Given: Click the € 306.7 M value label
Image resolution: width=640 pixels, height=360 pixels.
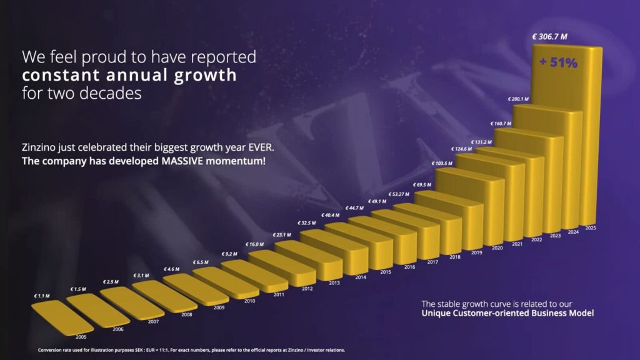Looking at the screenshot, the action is pos(549,37).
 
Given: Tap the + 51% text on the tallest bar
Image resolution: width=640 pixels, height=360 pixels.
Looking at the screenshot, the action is pos(558,62).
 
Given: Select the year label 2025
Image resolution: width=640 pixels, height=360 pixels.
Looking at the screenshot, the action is pos(591,228).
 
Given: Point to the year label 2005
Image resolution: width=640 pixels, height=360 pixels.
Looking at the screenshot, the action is pos(81,337).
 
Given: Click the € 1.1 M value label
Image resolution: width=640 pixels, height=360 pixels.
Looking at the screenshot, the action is pos(42,296).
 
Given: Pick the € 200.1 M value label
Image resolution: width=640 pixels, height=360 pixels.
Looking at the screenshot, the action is pos(518,99).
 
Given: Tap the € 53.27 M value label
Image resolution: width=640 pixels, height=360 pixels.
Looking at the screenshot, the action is pos(398,194).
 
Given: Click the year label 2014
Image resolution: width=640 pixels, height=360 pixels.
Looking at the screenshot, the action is pos(361,277).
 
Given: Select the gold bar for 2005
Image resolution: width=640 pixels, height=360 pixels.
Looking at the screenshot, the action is pos(62,317).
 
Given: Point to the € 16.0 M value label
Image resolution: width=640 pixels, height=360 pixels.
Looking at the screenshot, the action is pos(254,244).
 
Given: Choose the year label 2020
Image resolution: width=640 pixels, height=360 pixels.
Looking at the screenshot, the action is pos(497,248).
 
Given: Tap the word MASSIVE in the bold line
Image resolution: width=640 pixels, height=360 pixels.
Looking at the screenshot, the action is pos(182,161).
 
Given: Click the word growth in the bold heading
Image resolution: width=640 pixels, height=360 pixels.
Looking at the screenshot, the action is pos(205,76).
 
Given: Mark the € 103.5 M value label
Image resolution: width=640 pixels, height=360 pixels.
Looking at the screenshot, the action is pos(442,164).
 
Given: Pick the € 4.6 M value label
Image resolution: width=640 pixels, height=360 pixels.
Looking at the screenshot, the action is pos(171,269).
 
